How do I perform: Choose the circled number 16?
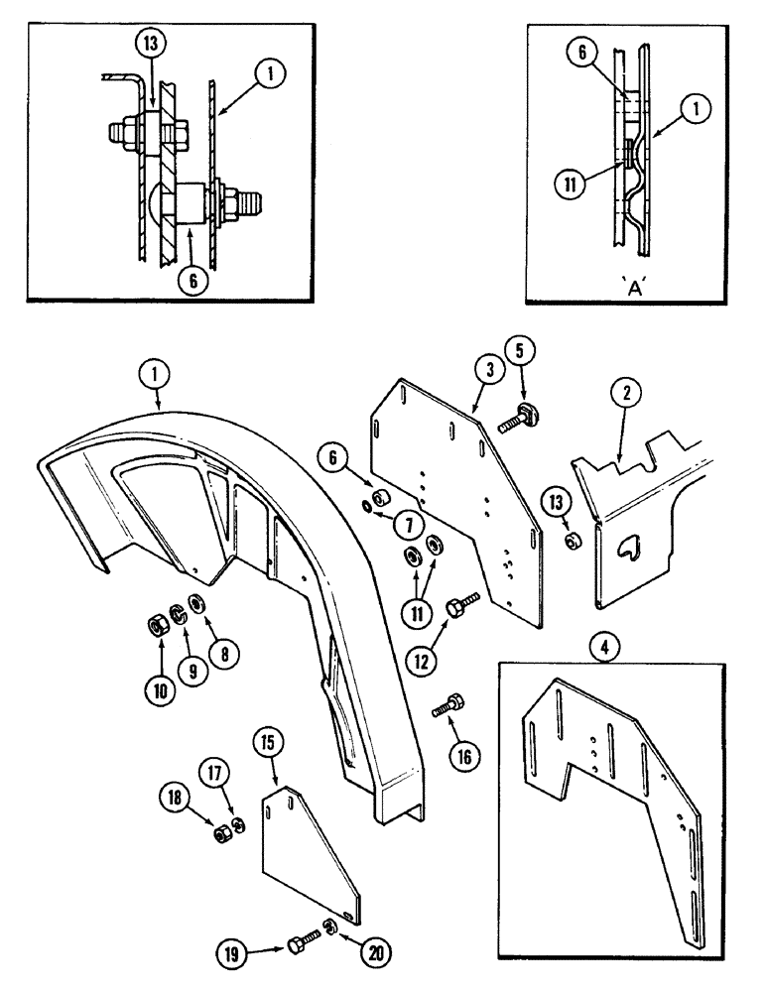tap(461, 756)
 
